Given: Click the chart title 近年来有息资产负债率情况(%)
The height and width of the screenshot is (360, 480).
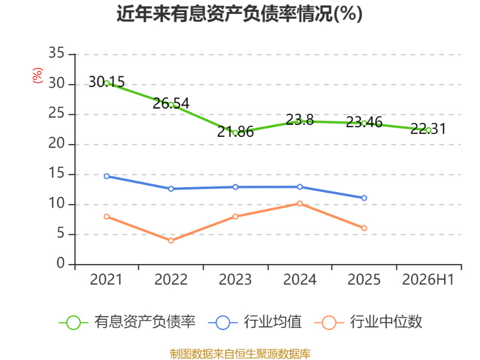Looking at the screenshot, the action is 239,14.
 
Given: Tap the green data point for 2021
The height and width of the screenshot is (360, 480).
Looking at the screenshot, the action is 107,83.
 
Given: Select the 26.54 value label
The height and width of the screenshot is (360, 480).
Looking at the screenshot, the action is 171,103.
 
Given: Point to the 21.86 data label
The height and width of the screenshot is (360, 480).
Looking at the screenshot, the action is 235,131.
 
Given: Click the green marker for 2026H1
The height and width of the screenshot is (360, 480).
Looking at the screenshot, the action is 428,130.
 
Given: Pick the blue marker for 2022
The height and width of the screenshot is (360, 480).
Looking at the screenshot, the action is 171,189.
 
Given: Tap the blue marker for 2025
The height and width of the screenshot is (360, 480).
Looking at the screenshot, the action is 364,198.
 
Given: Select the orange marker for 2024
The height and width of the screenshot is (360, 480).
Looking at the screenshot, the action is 299,203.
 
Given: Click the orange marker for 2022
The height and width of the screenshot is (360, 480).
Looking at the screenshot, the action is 171,241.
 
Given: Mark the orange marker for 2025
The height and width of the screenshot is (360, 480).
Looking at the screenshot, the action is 364,228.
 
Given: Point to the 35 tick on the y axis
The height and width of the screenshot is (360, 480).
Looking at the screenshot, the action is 56,53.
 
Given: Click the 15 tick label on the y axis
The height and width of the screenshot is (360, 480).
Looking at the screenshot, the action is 56,173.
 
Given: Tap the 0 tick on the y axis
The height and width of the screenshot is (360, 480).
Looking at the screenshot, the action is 61,263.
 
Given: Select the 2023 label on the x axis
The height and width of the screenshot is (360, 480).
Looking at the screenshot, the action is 235,280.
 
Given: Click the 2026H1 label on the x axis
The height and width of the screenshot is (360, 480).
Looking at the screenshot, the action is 428,280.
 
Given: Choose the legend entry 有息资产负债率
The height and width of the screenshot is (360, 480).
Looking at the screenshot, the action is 127,322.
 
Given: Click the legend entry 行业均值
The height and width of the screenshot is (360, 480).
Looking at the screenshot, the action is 254,322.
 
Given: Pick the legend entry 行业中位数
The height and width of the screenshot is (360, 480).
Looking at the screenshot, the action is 368,322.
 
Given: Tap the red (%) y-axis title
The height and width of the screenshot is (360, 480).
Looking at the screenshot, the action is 38,76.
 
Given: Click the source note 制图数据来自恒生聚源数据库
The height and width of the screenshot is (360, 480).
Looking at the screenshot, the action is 240,354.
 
